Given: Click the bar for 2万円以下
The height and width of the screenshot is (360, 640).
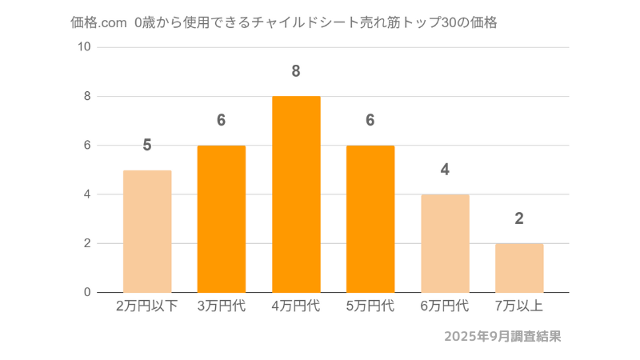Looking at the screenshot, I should [147, 231].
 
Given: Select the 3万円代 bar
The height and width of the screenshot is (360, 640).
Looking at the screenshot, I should [222, 218].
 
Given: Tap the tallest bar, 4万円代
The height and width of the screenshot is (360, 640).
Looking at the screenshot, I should [296, 194].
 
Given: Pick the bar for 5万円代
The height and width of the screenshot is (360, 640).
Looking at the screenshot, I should [370, 218].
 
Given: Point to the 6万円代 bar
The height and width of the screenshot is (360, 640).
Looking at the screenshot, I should [445, 243].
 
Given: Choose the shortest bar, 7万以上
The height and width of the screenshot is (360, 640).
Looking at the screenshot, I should [519, 267].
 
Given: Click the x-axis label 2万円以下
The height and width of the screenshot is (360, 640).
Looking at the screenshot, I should [147, 306].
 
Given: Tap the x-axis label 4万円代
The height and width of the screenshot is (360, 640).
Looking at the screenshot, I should [296, 306].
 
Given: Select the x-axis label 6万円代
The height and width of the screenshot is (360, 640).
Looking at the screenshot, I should [445, 306].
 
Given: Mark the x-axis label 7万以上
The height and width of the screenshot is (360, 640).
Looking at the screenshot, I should [519, 306].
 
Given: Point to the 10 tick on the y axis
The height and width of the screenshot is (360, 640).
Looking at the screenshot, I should [83, 47].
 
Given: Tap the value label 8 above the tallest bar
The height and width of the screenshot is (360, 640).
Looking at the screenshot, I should [296, 71].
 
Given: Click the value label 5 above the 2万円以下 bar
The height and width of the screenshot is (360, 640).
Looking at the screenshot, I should [147, 145].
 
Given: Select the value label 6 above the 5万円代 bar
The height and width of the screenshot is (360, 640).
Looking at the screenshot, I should [370, 120].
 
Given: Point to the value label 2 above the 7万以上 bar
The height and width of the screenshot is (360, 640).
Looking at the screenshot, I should [519, 218].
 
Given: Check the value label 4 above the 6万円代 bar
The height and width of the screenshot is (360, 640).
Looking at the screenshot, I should [445, 170].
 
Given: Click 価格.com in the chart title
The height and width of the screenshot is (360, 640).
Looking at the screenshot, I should [98, 23].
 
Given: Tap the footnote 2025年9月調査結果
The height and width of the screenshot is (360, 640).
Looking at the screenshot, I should [502, 336].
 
